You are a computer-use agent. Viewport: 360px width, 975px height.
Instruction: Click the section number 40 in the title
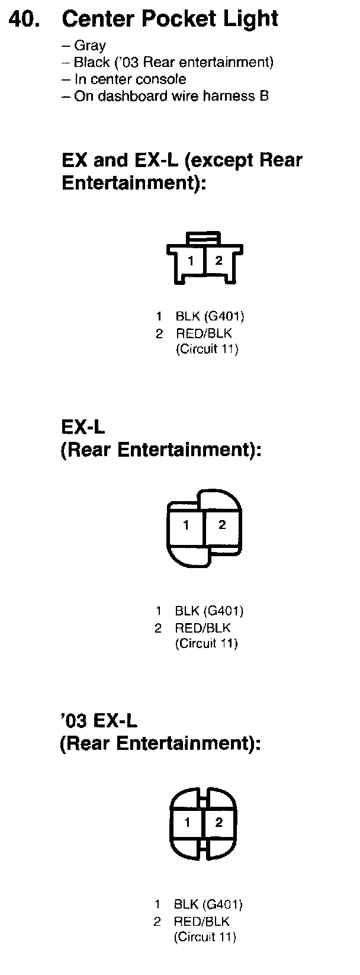pos(25,19)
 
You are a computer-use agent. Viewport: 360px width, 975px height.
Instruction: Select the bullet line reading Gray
pos(89,46)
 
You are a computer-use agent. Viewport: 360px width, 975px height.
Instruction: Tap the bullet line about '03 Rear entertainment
pos(173,62)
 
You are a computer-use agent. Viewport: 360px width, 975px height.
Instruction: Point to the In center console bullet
pos(130,79)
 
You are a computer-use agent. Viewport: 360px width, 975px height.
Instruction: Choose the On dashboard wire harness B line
pos(171,96)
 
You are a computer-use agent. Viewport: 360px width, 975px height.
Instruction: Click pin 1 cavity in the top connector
pos(191,261)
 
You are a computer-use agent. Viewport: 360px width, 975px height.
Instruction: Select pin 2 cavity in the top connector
pos(218,261)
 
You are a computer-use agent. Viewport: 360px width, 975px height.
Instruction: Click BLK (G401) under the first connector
pos(210,316)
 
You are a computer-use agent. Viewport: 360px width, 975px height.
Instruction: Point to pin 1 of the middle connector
pos(187,525)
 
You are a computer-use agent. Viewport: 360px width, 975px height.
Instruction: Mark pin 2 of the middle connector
pos(222,525)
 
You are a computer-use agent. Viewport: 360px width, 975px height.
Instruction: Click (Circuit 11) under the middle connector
pos(206,644)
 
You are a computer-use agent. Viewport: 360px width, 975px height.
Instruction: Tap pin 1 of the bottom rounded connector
pos(187,822)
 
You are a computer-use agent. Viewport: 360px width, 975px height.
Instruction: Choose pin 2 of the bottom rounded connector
pos(219,822)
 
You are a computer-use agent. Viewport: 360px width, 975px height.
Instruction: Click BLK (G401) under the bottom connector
pos(208,905)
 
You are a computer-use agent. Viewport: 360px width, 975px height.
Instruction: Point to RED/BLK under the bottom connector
pos(201,921)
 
